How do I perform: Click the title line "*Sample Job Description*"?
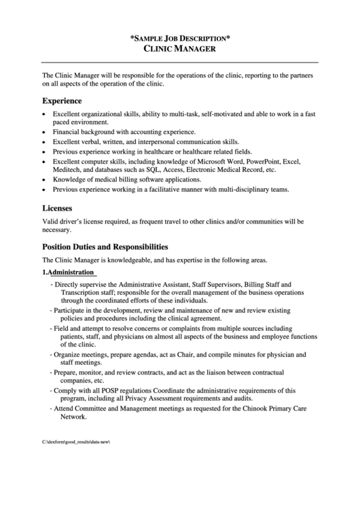pyautogui.click(x=180, y=39)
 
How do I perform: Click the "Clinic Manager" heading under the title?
pyautogui.click(x=180, y=50)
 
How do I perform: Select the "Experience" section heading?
pyautogui.click(x=63, y=100)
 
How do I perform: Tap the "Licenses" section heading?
pyautogui.click(x=58, y=209)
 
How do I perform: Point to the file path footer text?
pyautogui.click(x=76, y=442)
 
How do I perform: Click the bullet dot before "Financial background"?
pyautogui.click(x=45, y=131)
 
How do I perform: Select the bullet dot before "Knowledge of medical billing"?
pyautogui.click(x=45, y=180)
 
